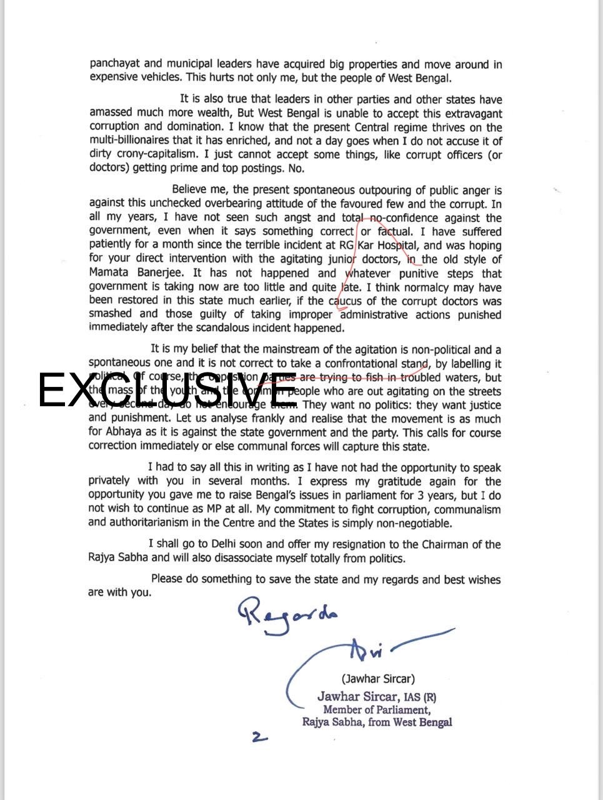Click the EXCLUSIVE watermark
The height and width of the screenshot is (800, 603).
click(167, 391)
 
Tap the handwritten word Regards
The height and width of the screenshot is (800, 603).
click(287, 615)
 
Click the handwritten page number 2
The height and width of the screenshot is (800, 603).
click(259, 737)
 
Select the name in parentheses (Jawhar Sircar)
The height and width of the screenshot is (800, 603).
click(377, 678)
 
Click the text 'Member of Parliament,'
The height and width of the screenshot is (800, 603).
click(376, 709)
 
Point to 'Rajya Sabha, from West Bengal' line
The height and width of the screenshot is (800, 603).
click(377, 722)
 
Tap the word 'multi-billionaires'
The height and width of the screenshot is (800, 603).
click(131, 141)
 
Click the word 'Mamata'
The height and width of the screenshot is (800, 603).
click(109, 273)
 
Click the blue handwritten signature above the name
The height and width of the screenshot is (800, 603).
click(375, 650)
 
